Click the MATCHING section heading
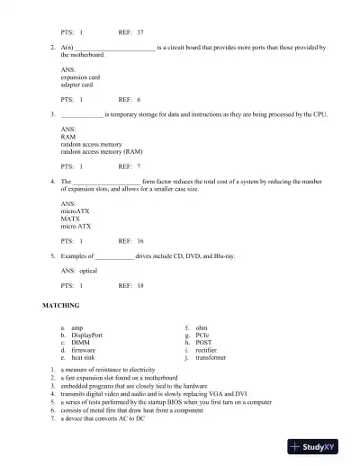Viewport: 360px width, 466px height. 61,306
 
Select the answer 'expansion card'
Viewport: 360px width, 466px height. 80,77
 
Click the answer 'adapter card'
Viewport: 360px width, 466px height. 76,85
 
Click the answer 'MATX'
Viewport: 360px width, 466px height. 70,219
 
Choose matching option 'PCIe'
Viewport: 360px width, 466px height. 205,336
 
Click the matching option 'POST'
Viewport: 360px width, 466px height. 206,343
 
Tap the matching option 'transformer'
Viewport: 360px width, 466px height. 213,357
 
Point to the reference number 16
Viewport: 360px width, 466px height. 140,241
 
